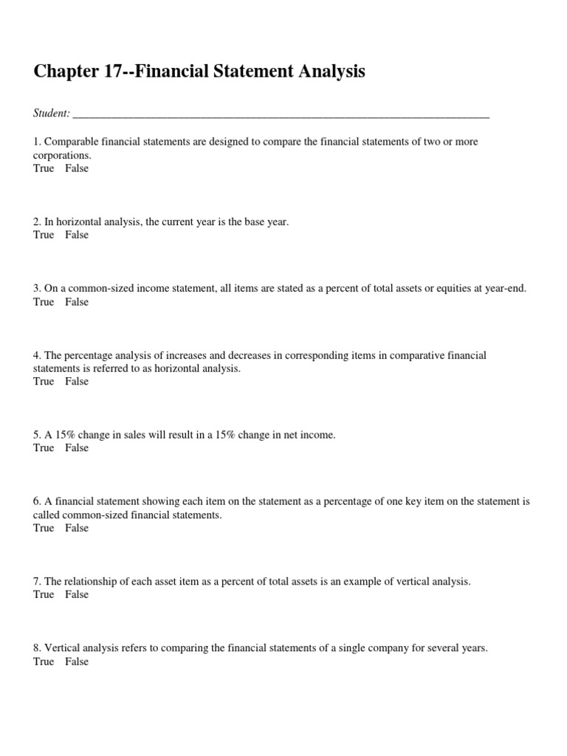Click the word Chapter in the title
click(63, 72)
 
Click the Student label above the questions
click(52, 113)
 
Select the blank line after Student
click(281, 114)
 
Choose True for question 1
click(44, 168)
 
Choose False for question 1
click(76, 168)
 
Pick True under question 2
click(44, 235)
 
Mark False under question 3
click(76, 302)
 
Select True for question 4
click(44, 381)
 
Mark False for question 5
click(76, 448)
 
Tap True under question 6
click(44, 528)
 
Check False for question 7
click(76, 594)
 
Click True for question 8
click(44, 661)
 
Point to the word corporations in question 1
click(62, 156)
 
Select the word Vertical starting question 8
click(61, 648)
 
